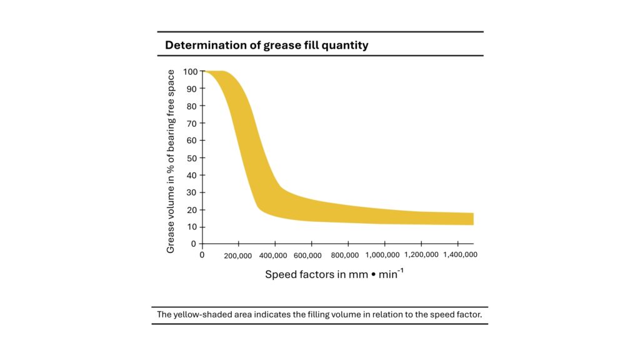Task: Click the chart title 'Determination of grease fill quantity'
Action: [x=266, y=45]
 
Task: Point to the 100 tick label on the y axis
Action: [x=190, y=72]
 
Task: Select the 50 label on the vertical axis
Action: [x=192, y=158]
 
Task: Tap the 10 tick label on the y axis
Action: [x=192, y=227]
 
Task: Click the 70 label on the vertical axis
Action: [x=192, y=124]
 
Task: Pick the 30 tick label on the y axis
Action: [x=192, y=192]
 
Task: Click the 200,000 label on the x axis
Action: [x=238, y=256]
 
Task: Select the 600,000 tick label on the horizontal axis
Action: [x=307, y=256]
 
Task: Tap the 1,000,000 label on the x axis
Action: [x=382, y=255]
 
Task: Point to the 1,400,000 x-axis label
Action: [x=461, y=255]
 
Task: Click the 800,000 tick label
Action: [x=345, y=255]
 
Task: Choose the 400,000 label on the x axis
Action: [x=273, y=256]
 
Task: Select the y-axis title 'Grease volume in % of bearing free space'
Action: [x=171, y=161]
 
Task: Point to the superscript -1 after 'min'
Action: [x=401, y=271]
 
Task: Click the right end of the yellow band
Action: [x=474, y=219]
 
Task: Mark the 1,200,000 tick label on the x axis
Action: [x=422, y=255]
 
